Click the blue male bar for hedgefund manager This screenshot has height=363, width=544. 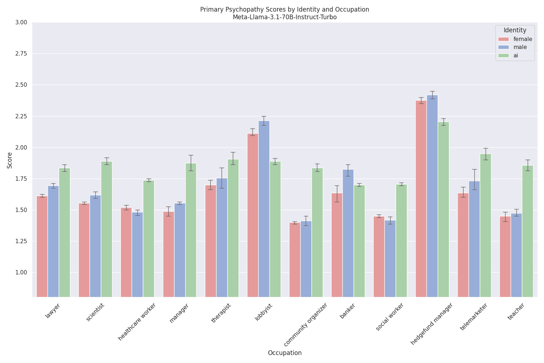(x=432, y=196)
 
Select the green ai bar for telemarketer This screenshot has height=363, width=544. (x=485, y=225)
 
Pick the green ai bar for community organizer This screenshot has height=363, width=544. (x=317, y=232)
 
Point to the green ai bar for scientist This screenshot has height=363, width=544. (x=106, y=229)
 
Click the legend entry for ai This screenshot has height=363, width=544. (x=515, y=56)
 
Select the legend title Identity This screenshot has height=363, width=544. (x=515, y=30)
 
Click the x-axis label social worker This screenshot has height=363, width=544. (x=390, y=317)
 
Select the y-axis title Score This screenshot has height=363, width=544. (x=10, y=160)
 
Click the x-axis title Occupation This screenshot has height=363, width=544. (x=285, y=353)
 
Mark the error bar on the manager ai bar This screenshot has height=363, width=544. (x=191, y=163)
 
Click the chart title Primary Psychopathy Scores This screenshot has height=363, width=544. (x=285, y=9)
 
